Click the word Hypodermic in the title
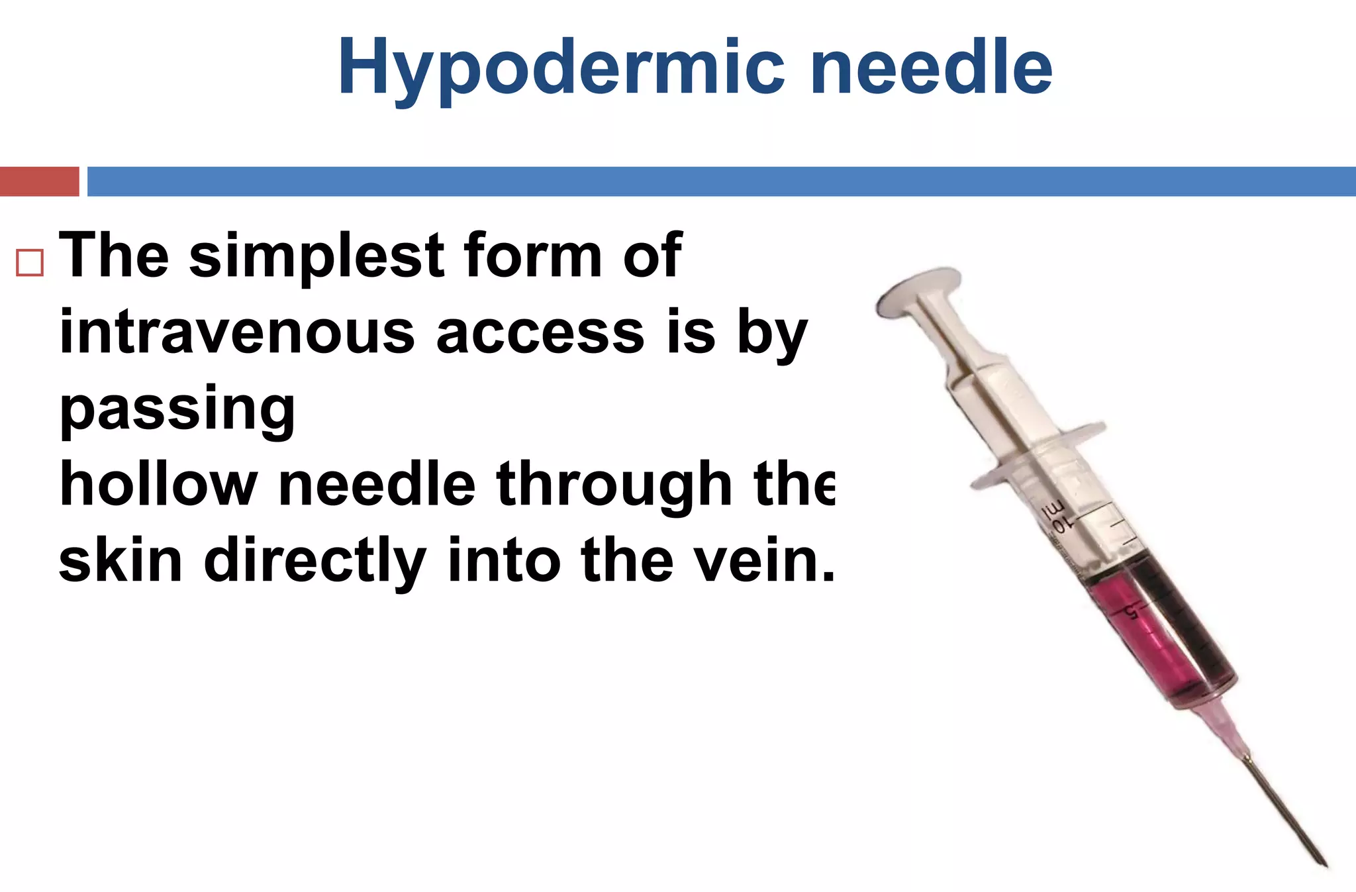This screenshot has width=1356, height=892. pos(560,68)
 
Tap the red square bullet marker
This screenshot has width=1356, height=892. pos(30,262)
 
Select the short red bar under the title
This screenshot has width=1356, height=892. pos(39,181)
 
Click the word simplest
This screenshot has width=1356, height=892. pos(316,256)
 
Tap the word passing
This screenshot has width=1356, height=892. pos(177,409)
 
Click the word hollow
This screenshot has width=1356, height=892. pos(158,485)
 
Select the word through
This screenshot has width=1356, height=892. pos(614,485)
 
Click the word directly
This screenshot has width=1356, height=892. pos(315,560)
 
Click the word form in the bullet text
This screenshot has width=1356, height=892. pos(532,256)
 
